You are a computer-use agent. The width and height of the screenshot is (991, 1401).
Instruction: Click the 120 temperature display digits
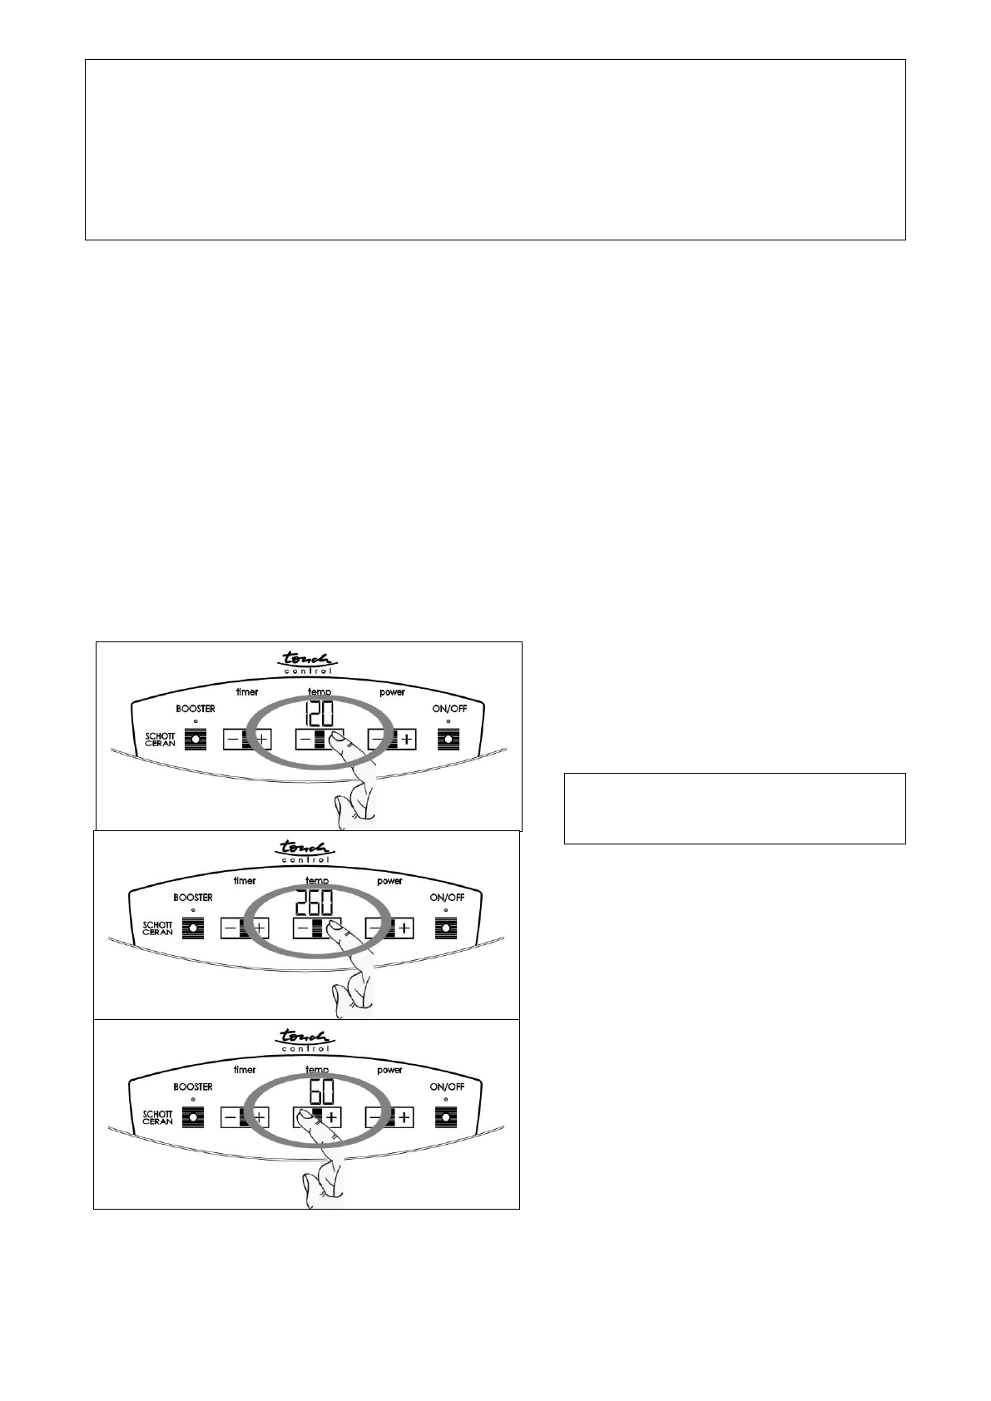pyautogui.click(x=319, y=714)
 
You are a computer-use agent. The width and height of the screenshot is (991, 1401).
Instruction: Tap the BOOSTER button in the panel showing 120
pyautogui.click(x=196, y=739)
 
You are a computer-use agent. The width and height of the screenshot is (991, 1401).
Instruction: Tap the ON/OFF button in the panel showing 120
pyautogui.click(x=448, y=739)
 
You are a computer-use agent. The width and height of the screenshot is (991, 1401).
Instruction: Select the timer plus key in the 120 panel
pyautogui.click(x=261, y=739)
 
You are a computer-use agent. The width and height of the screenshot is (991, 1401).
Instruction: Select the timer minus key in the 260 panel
pyautogui.click(x=230, y=928)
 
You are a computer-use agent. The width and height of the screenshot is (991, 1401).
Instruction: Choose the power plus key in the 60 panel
pyautogui.click(x=404, y=1116)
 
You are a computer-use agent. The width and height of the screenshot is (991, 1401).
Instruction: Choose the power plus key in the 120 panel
pyautogui.click(x=406, y=739)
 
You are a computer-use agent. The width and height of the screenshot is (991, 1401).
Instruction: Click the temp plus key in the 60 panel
pyautogui.click(x=331, y=1116)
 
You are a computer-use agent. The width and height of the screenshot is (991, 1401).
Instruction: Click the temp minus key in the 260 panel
pyautogui.click(x=303, y=928)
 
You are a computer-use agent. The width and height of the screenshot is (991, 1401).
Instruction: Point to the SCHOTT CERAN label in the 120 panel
pyautogui.click(x=160, y=739)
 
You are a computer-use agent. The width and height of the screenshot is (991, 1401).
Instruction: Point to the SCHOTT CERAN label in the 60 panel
pyautogui.click(x=157, y=1116)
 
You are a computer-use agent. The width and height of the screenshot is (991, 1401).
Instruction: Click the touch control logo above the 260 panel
pyautogui.click(x=306, y=852)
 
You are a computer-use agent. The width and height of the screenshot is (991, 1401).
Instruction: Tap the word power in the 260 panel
pyautogui.click(x=389, y=881)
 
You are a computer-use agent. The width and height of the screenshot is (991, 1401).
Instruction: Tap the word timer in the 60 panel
pyautogui.click(x=245, y=1070)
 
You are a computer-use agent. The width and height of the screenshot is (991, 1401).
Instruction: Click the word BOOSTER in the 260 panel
pyautogui.click(x=192, y=898)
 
